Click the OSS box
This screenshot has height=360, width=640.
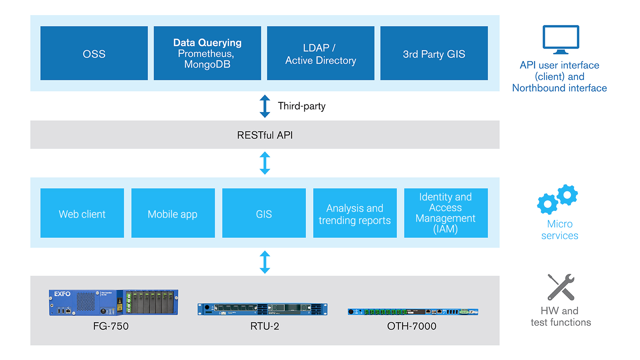94,53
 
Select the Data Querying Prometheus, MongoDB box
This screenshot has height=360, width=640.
207,53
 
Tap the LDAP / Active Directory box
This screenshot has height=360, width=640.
321,53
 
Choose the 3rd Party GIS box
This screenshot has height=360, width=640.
434,53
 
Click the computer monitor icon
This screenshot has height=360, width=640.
561,39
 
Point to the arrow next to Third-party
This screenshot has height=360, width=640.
265,106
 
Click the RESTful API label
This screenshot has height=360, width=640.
265,135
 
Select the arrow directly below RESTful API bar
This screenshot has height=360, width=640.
265,163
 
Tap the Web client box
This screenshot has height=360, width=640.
82,213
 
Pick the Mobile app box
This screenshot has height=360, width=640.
173,213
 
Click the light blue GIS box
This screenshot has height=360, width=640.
264,213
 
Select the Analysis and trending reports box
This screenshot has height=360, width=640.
355,213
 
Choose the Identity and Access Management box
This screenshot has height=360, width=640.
446,213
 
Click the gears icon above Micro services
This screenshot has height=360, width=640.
557,199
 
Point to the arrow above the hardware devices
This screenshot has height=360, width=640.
265,262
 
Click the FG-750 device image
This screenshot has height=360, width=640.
113,302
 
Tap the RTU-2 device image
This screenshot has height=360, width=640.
262,309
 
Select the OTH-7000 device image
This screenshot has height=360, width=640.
413,312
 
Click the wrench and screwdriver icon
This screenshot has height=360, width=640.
561,287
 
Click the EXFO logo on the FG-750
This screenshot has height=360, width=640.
62,294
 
